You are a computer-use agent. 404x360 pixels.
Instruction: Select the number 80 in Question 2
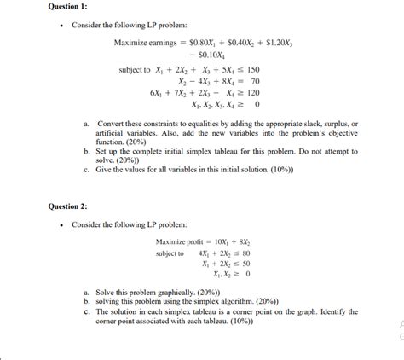click(244, 253)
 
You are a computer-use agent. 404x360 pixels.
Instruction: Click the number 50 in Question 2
click(244, 264)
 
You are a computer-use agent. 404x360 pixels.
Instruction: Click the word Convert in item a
click(112, 125)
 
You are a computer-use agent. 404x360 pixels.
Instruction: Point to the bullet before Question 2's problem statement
click(61, 225)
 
